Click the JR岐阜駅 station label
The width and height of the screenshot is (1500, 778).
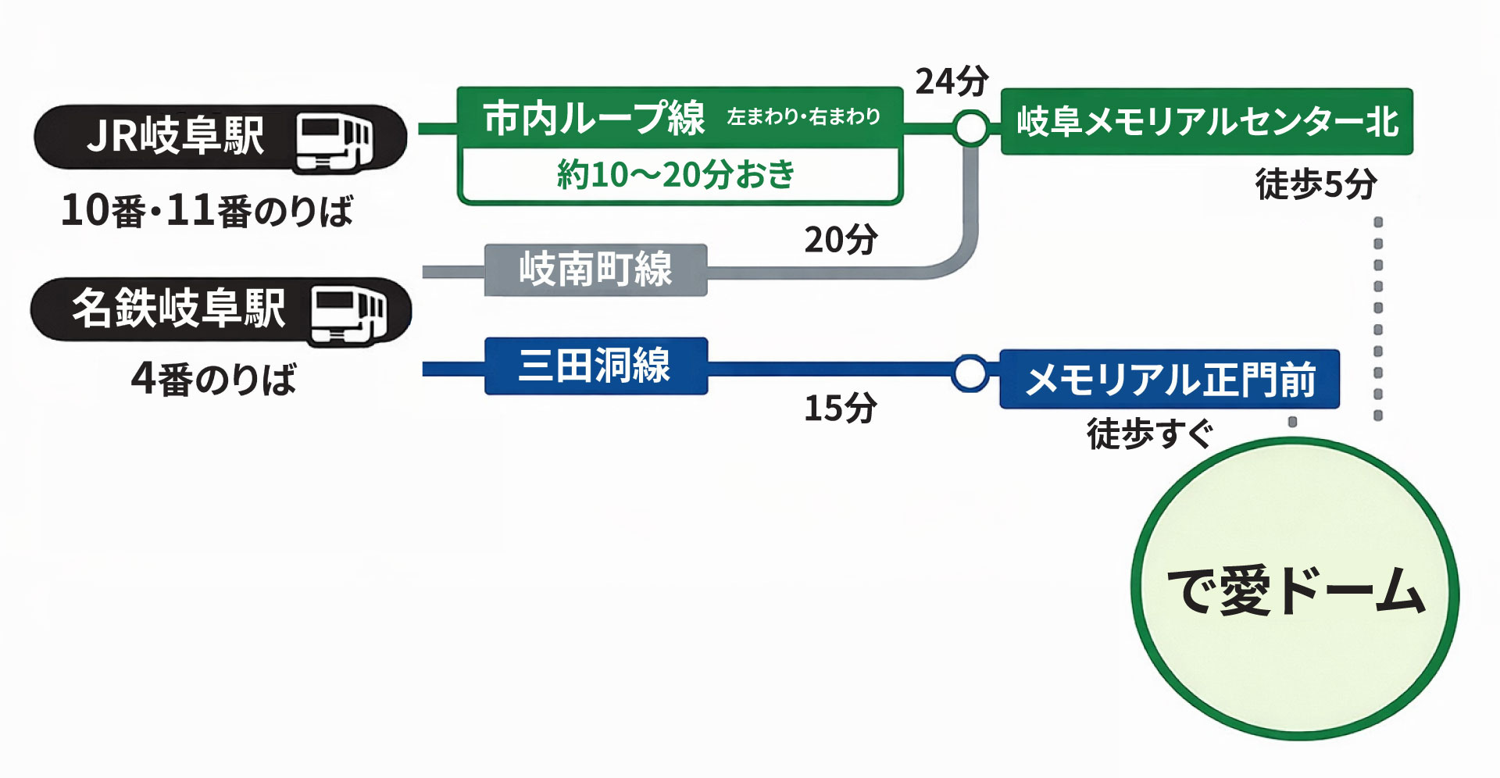[x=176, y=136]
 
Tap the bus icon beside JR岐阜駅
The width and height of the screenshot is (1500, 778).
[x=334, y=141]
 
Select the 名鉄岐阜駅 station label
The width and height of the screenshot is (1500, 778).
[x=179, y=308]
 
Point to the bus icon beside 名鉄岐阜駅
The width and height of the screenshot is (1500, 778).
[x=348, y=314]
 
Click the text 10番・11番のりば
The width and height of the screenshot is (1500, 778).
[x=207, y=211]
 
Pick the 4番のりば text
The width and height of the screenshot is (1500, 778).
[x=213, y=380]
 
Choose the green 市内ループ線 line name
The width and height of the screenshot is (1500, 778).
[x=594, y=118]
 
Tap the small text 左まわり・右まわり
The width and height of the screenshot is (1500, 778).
[x=804, y=117]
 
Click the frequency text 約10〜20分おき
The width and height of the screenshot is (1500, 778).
[x=677, y=175]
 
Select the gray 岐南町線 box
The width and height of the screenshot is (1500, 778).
[x=595, y=269]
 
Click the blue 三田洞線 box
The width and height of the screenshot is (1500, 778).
[x=595, y=366]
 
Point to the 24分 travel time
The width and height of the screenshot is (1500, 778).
[x=952, y=81]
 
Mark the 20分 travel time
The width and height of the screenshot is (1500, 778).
[x=841, y=240]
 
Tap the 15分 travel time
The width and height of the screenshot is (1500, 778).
[x=841, y=408]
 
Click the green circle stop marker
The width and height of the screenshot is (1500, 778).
[x=971, y=127]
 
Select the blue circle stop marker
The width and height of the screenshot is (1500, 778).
[x=970, y=373]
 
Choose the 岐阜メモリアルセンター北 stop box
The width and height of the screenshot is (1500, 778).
[x=1207, y=122]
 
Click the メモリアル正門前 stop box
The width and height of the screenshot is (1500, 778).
[x=1170, y=380]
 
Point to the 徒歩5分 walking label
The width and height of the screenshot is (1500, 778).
[x=1316, y=184]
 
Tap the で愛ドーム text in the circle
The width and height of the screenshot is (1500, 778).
[x=1295, y=591]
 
